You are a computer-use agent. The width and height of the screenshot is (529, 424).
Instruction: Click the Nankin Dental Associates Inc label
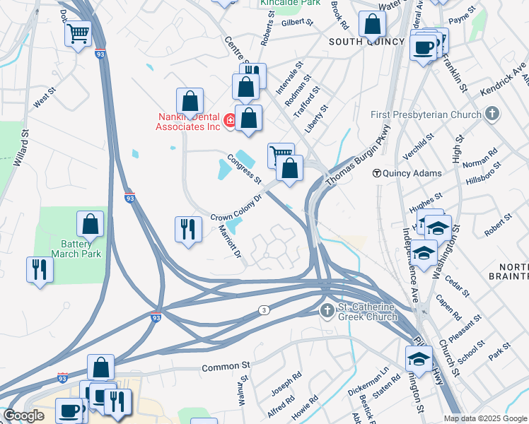[x=187, y=122]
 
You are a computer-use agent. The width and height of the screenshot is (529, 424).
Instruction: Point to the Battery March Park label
[x=75, y=248]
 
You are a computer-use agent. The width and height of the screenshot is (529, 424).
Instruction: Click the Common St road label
[x=226, y=367]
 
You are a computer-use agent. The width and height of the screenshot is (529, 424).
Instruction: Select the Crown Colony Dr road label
[x=237, y=208]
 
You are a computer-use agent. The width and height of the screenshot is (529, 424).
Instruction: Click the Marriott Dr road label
[x=231, y=241]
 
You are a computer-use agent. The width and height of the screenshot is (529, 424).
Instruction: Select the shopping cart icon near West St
[x=78, y=33]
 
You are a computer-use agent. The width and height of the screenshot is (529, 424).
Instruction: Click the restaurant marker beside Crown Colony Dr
[x=187, y=229]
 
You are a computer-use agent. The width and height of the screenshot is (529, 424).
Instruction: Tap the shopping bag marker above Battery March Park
[x=91, y=225]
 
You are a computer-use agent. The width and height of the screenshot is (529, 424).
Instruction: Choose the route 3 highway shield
[x=263, y=310]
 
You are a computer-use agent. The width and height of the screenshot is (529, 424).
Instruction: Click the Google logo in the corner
[x=24, y=416]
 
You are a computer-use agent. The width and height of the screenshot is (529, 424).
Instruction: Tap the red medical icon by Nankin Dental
[x=229, y=122]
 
